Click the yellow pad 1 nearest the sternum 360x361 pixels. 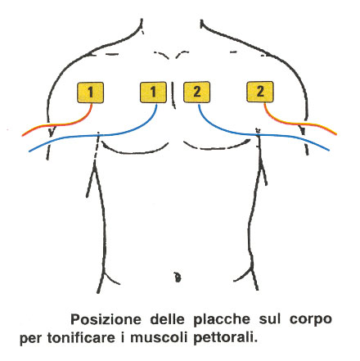click(x=153, y=93)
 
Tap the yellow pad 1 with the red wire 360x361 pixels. click(x=90, y=93)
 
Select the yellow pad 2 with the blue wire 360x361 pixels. click(x=196, y=92)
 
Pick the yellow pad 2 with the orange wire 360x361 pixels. click(x=260, y=92)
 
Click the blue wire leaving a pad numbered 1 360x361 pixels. click(x=98, y=135)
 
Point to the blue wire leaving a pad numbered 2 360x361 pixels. click(x=256, y=134)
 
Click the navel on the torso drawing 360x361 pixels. click(x=178, y=278)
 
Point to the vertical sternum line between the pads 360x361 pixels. click(x=173, y=96)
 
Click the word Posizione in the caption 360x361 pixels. click(x=106, y=319)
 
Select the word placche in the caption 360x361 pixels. click(x=222, y=320)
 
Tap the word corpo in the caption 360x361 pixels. click(x=311, y=320)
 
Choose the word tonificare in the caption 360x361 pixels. click(x=81, y=337)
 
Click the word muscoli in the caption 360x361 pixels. click(x=159, y=337)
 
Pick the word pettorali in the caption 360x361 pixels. click(x=226, y=338)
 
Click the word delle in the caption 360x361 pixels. click(x=167, y=319)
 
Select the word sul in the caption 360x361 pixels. click(x=270, y=319)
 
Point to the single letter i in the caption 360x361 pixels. click(x=123, y=337)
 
